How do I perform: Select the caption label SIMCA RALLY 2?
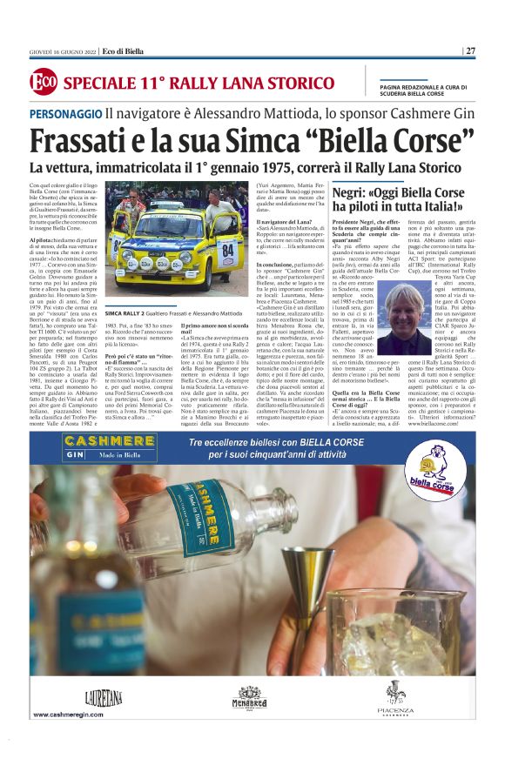[125, 311]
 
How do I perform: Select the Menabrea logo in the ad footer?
[249, 696]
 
